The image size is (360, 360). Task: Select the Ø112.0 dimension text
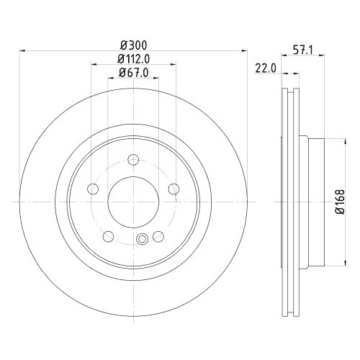[135, 58]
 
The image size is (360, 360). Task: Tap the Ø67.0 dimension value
[134, 73]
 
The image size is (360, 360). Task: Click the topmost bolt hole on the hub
[133, 160]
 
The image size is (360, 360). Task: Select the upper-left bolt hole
[92, 189]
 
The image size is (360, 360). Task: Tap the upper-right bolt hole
[174, 189]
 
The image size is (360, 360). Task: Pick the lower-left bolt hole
[108, 237]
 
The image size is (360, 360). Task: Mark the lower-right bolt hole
[158, 237]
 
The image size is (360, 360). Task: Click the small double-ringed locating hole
[143, 240]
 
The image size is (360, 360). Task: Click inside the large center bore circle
[133, 202]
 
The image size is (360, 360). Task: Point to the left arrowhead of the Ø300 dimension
[21, 50]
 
